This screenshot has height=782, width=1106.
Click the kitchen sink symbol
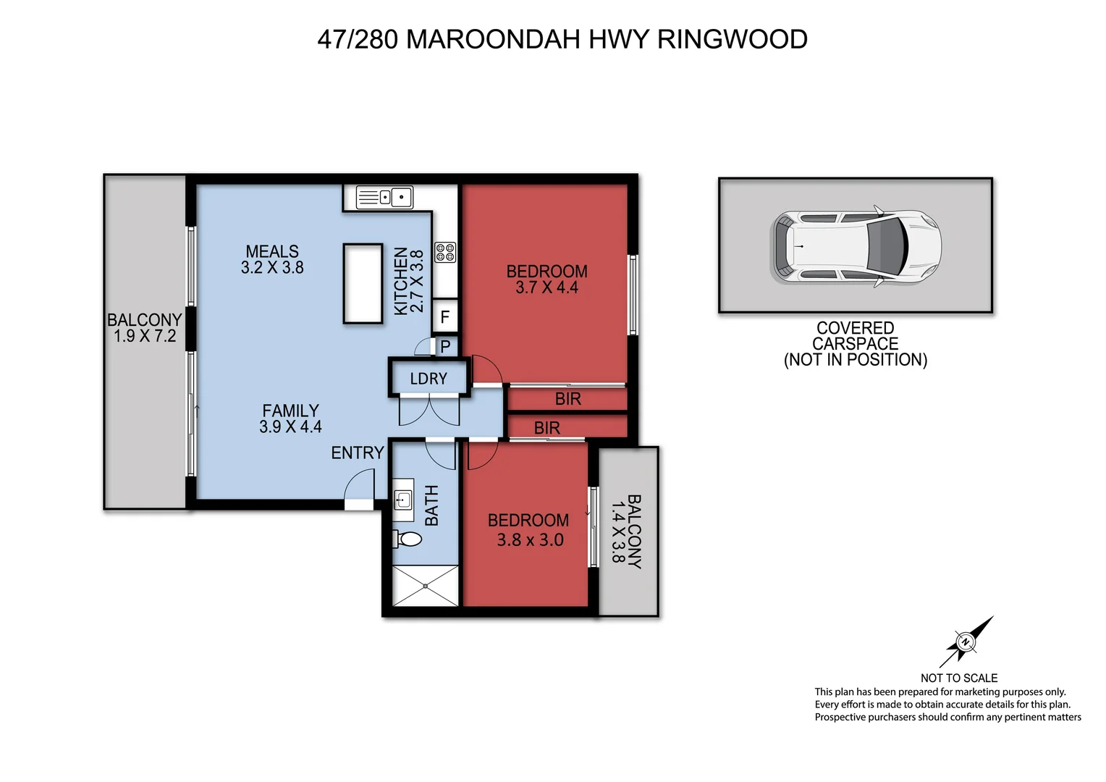coord(384,196)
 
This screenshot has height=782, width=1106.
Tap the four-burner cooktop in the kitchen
coord(444,251)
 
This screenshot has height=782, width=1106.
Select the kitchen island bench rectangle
coord(362,283)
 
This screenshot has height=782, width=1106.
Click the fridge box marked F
coord(444,316)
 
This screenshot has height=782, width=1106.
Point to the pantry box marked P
coord(445,346)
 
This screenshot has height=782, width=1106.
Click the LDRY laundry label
coord(429,379)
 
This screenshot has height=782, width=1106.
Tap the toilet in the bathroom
coord(408,539)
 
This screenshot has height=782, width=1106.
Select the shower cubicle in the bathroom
coord(425,586)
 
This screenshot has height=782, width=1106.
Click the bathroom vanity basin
coord(402,498)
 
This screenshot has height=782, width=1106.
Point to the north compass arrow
coord(967,641)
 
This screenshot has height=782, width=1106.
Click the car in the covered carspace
coord(856,246)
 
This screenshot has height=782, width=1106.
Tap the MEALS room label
coord(272,251)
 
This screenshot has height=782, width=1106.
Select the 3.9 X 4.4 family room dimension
coord(290,426)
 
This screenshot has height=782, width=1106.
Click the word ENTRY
coord(357,453)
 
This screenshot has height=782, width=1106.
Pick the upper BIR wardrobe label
coord(567,399)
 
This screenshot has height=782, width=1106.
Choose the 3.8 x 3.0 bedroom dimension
coord(530,539)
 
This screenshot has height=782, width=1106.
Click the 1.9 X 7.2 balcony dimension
coord(145,336)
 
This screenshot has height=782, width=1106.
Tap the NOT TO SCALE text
coord(958,678)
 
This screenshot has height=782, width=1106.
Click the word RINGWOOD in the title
coord(732,39)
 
